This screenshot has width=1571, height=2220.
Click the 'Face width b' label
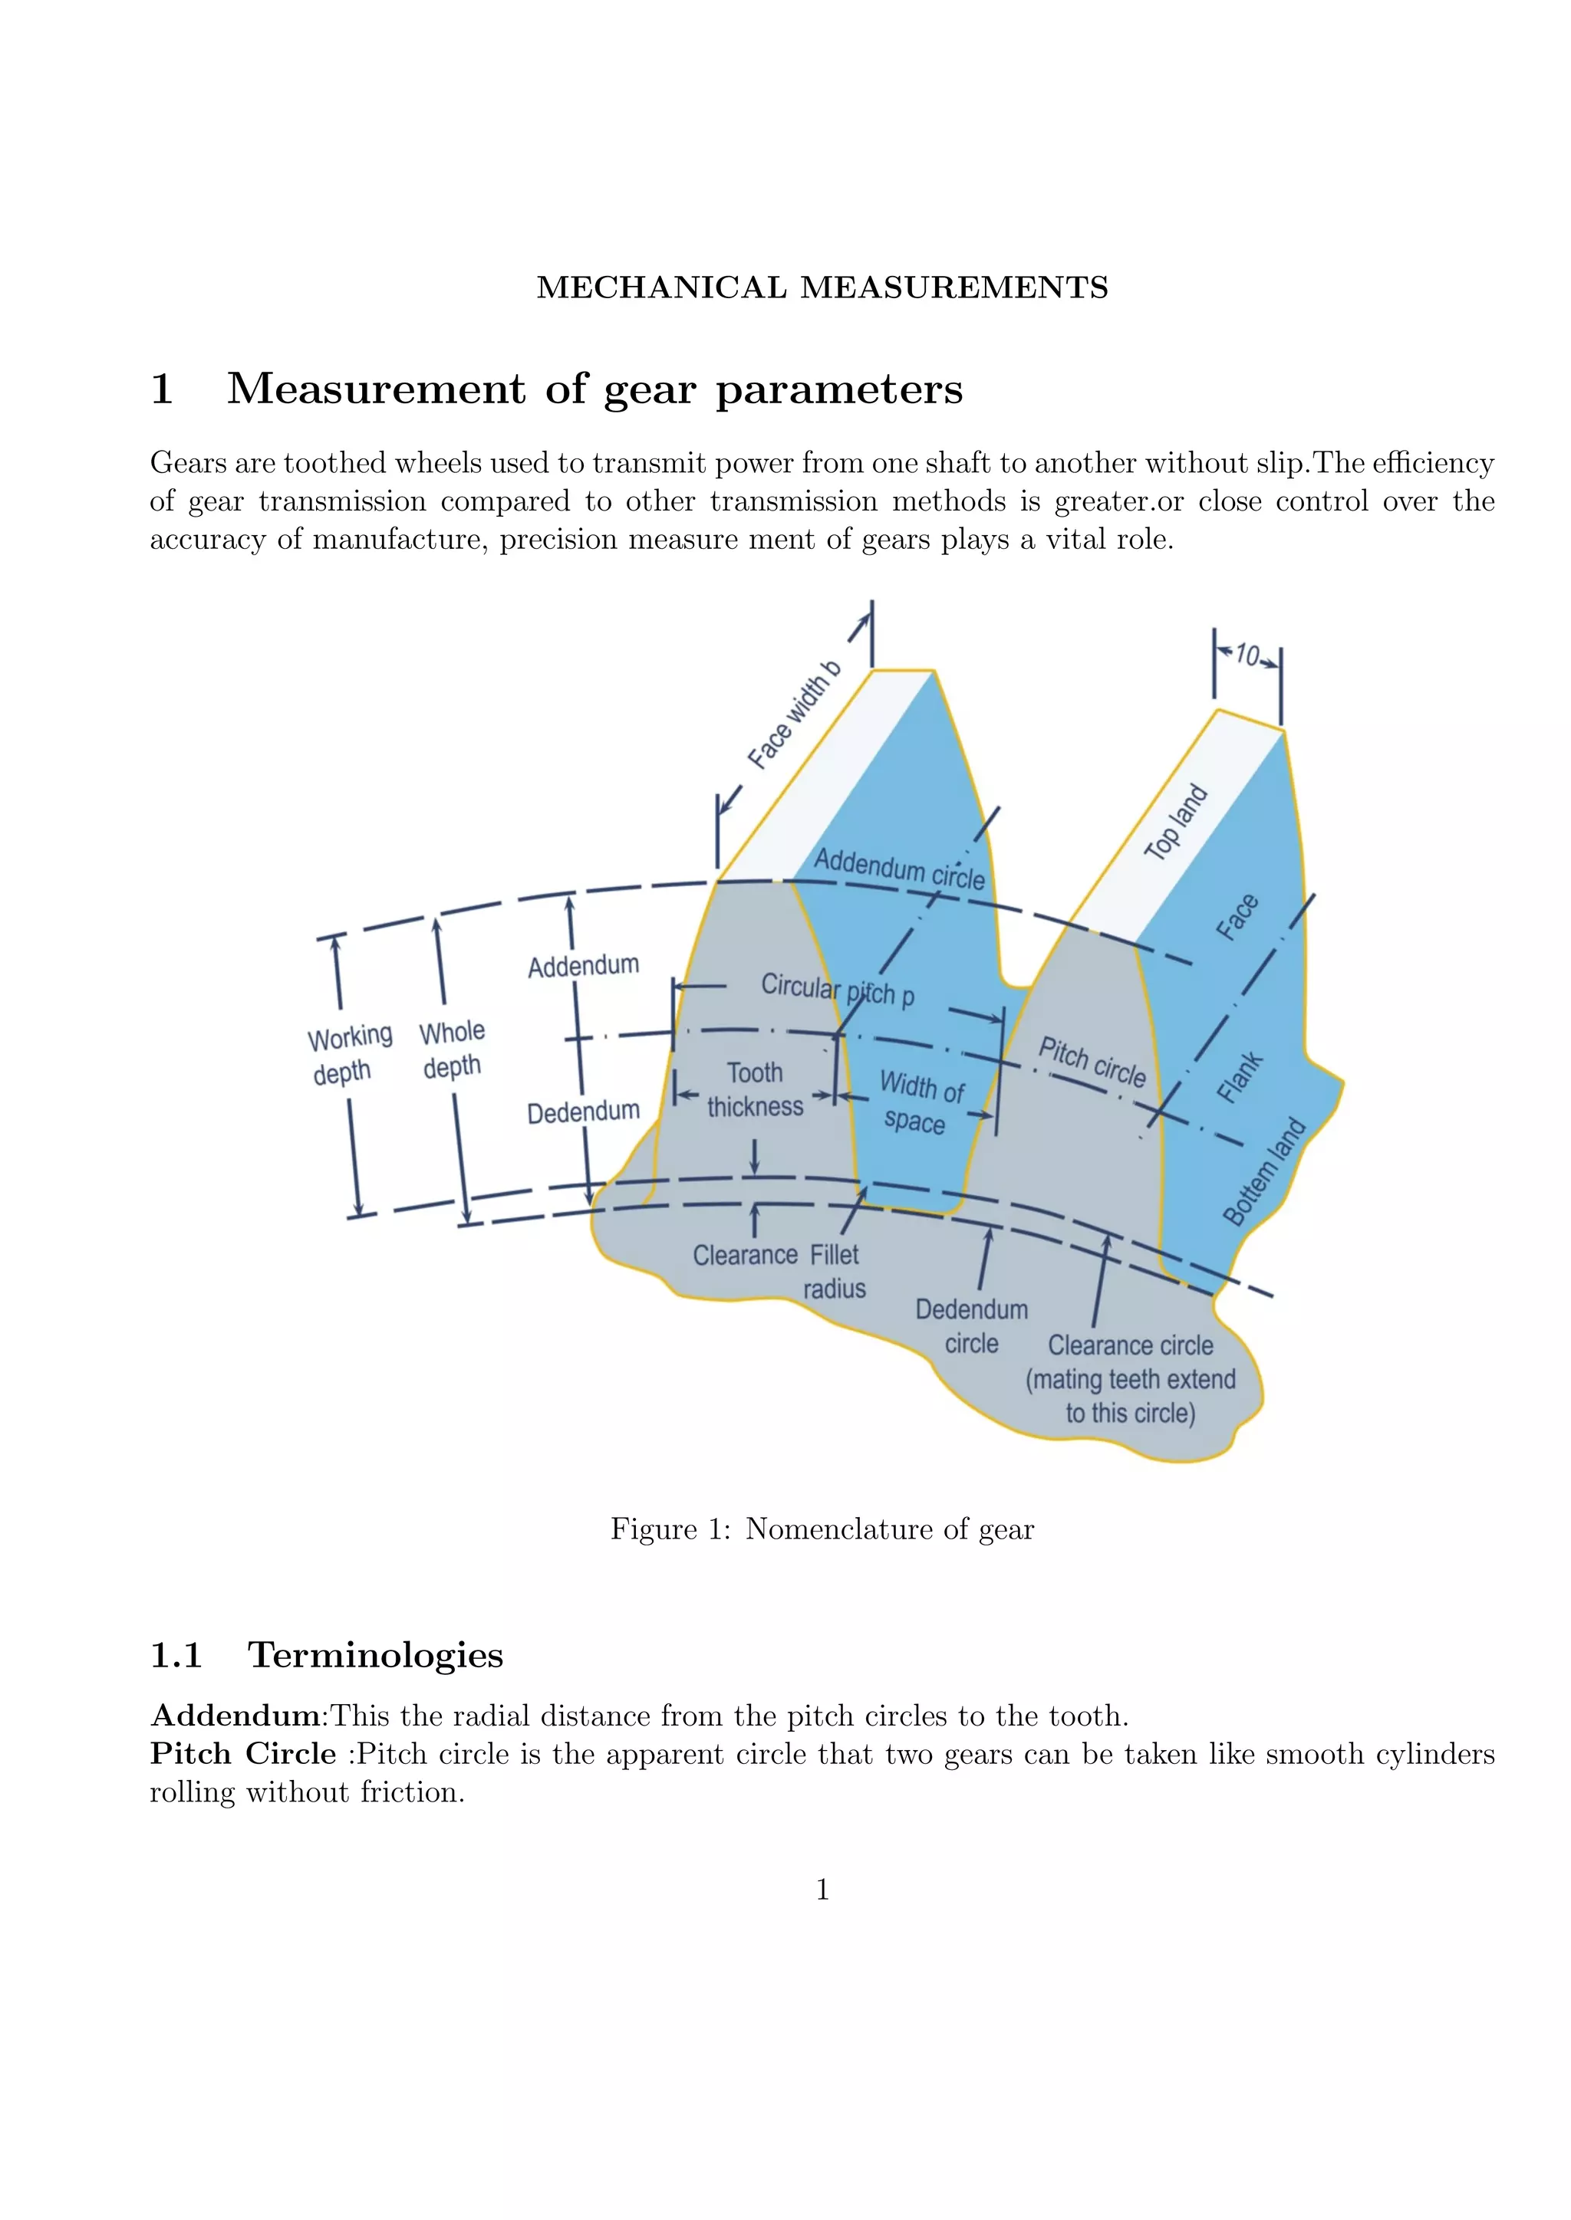[x=794, y=715]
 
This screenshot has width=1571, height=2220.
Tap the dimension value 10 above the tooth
[x=1247, y=655]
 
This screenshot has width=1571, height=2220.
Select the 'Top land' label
[x=1175, y=822]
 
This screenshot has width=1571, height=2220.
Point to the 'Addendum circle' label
[x=899, y=869]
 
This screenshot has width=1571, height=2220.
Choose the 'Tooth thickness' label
[x=755, y=1090]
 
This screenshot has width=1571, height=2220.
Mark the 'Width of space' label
[x=919, y=1102]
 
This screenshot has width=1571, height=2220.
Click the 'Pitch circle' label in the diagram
[x=1092, y=1062]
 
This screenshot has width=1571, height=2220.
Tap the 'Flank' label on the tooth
[x=1239, y=1077]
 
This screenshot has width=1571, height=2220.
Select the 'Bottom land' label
[x=1264, y=1172]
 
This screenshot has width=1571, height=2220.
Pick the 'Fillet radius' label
[x=835, y=1272]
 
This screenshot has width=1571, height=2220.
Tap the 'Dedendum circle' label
[x=971, y=1327]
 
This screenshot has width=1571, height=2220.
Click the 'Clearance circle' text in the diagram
[x=1130, y=1346]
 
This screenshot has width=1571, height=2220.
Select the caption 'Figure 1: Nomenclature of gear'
[x=822, y=1529]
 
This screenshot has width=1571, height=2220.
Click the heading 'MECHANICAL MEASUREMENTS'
[x=822, y=287]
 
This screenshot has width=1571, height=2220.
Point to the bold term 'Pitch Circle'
[x=243, y=1753]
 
